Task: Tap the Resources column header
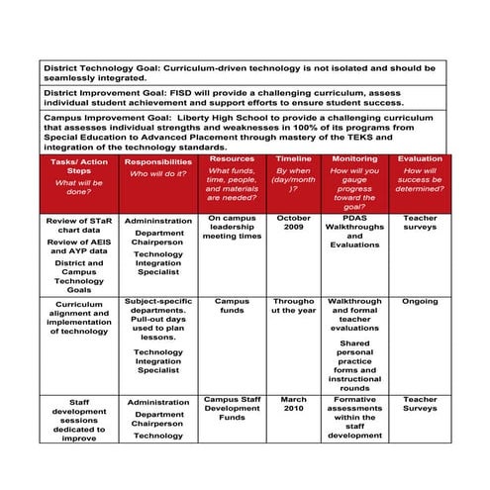pos(232,158)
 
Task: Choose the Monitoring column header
pos(353,158)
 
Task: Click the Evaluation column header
pos(420,158)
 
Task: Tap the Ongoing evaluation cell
pos(420,302)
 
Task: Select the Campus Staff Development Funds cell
pos(232,409)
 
